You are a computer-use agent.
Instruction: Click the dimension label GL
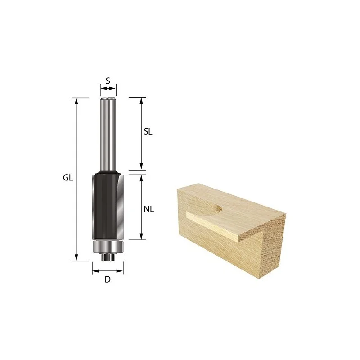click(x=68, y=178)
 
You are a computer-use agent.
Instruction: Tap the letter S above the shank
click(x=108, y=81)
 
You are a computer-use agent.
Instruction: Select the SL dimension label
click(x=148, y=131)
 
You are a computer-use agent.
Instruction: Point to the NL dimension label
click(x=149, y=209)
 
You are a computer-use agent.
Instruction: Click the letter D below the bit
click(x=108, y=279)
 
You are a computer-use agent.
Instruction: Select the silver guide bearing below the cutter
click(x=108, y=247)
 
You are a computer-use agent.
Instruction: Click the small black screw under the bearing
click(x=108, y=257)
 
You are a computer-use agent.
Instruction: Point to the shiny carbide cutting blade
click(x=120, y=207)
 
